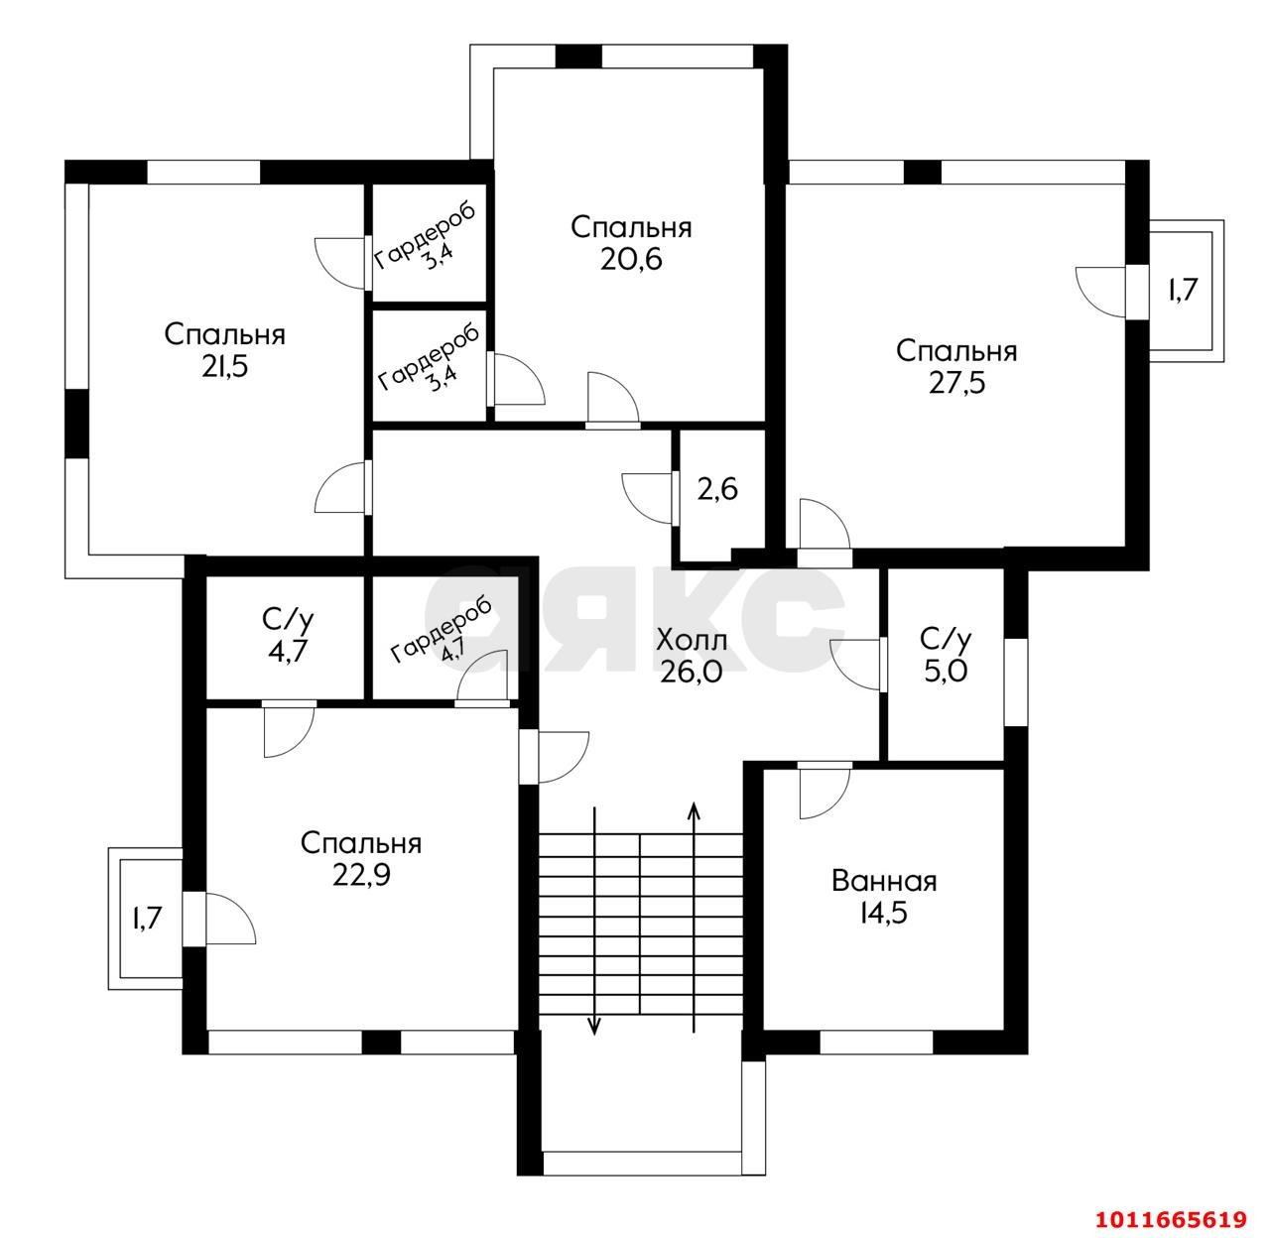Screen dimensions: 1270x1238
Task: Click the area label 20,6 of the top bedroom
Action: click(x=631, y=259)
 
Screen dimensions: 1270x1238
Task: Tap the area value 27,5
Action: click(x=956, y=383)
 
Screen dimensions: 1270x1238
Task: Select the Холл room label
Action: click(x=692, y=640)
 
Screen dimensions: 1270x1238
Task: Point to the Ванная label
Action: click(x=884, y=882)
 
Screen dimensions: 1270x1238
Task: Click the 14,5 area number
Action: click(x=884, y=913)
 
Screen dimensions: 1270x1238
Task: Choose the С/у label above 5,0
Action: click(x=946, y=638)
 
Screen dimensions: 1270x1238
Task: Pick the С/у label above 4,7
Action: click(x=288, y=619)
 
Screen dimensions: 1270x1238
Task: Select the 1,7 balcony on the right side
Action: click(x=1182, y=290)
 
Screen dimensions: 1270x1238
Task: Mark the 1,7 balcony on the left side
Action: click(x=146, y=919)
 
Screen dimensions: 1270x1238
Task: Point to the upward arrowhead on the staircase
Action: click(x=694, y=811)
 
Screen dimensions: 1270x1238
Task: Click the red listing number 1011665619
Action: click(x=1171, y=1218)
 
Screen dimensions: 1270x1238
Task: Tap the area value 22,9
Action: click(x=361, y=875)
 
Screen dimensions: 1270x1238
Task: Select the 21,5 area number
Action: click(x=225, y=367)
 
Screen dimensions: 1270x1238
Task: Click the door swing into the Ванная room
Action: click(x=825, y=791)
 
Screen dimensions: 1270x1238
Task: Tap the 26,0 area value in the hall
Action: click(x=692, y=672)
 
